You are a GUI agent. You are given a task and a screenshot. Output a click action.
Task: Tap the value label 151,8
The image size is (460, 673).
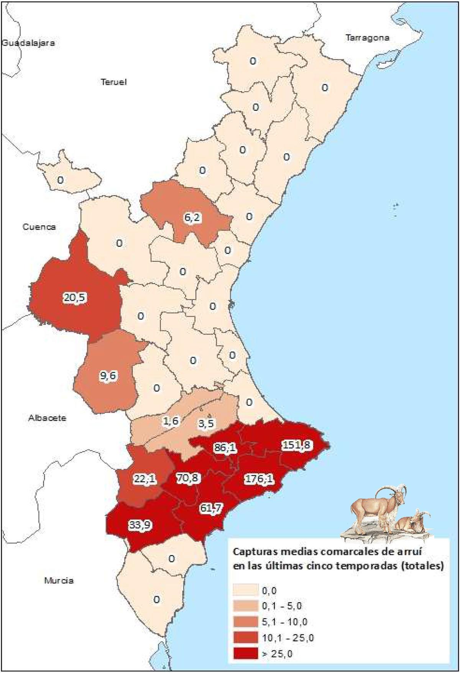point(297,445)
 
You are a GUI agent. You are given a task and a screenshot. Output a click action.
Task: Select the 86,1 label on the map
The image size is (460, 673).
point(225,447)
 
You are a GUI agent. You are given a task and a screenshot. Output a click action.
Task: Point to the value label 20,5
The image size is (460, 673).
point(75,297)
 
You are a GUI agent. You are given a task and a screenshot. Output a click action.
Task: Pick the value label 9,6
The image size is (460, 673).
point(108,376)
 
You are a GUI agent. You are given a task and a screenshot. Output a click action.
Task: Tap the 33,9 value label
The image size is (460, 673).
point(139,525)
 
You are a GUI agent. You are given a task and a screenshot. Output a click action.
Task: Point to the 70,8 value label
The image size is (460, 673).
point(187,478)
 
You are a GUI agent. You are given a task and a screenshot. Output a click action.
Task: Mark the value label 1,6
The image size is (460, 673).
point(171,421)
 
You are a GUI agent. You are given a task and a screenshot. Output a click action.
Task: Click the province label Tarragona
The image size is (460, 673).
point(367,38)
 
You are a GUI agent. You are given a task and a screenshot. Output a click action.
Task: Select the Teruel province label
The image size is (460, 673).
point(113,82)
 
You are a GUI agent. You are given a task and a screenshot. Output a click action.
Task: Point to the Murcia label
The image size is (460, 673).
point(59,580)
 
